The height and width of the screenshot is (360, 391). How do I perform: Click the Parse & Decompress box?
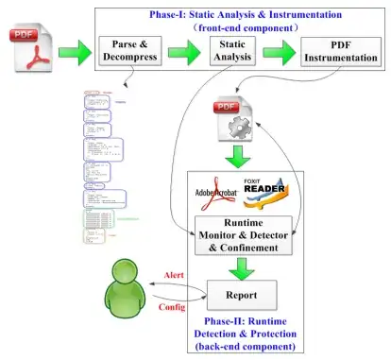130,52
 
